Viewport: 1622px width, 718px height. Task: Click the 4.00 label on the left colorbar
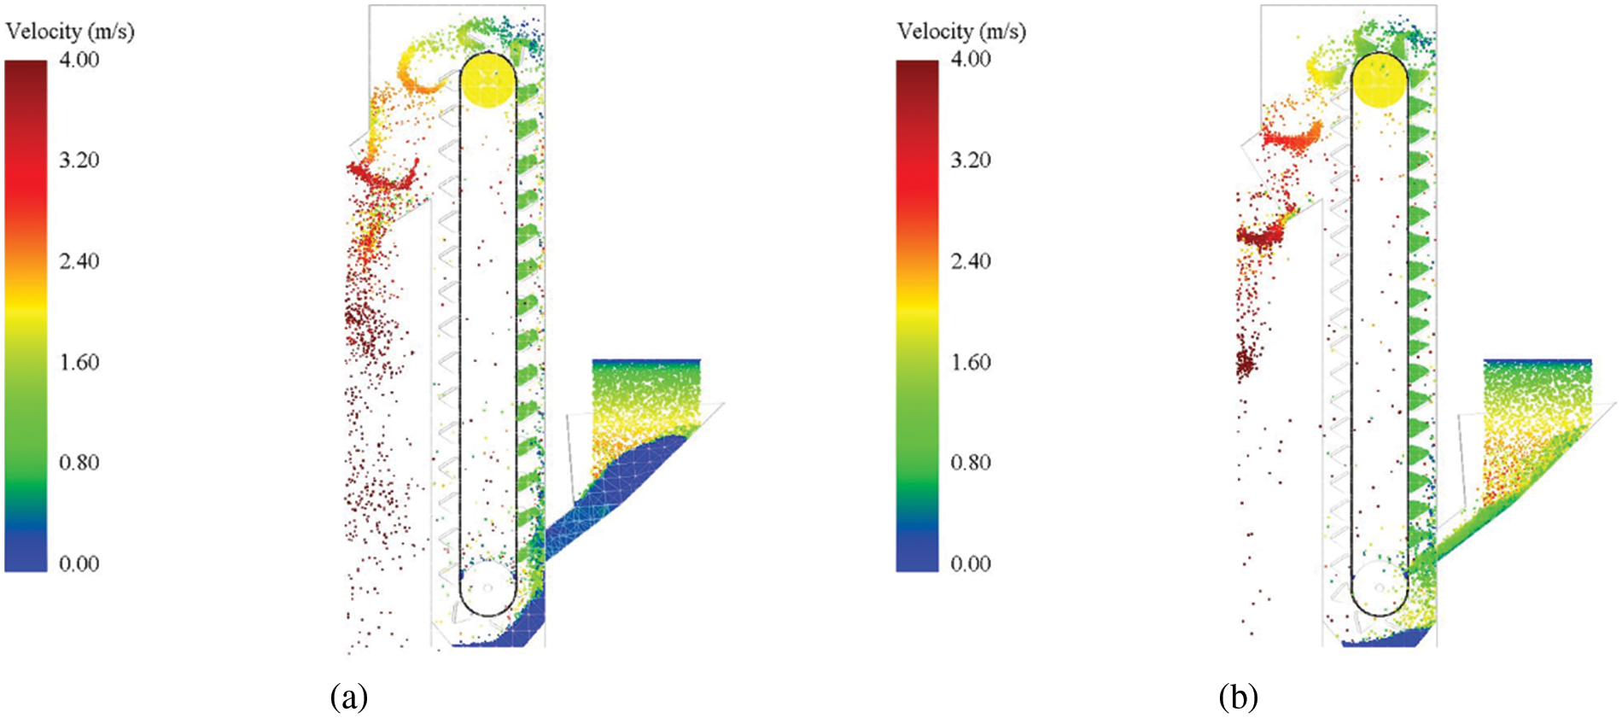(79, 60)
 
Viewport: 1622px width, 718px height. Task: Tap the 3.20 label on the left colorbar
(79, 161)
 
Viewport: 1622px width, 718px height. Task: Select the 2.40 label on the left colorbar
(79, 261)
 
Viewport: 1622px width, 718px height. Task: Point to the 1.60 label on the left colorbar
(79, 362)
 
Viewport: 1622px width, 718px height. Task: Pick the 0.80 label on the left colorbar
(79, 463)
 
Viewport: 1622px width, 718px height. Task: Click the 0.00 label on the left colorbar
(79, 563)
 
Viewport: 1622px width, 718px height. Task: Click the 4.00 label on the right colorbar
(971, 60)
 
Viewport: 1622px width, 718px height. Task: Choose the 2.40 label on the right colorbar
(971, 261)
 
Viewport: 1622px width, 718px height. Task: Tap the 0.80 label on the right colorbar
(971, 463)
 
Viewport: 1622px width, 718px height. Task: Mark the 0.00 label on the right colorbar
(971, 563)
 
